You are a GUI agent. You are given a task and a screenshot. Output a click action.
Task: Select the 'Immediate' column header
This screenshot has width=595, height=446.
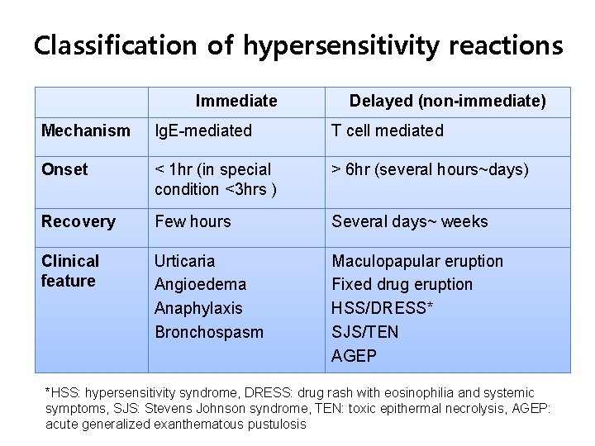pyautogui.click(x=236, y=102)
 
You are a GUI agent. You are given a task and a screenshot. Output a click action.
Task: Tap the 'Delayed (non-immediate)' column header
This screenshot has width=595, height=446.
pyautogui.click(x=447, y=102)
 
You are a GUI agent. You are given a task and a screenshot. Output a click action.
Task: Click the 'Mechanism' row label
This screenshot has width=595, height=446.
pyautogui.click(x=86, y=130)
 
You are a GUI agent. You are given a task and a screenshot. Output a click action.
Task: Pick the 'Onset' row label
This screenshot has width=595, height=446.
pyautogui.click(x=64, y=169)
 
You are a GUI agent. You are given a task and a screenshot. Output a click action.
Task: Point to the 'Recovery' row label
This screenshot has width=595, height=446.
pyautogui.click(x=79, y=221)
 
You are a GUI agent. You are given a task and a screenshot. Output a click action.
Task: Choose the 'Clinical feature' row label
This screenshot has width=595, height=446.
pyautogui.click(x=70, y=271)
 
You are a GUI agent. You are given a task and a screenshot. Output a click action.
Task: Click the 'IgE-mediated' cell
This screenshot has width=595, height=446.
pyautogui.click(x=203, y=130)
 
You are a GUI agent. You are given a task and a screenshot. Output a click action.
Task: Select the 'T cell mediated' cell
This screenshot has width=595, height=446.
pyautogui.click(x=388, y=130)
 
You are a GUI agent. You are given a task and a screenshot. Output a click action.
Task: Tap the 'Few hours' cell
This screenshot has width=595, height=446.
pyautogui.click(x=193, y=221)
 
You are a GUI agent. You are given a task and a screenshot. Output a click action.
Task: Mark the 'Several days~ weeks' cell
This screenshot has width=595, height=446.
pyautogui.click(x=410, y=221)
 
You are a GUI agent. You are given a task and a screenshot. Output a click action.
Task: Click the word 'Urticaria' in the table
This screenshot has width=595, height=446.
pyautogui.click(x=184, y=261)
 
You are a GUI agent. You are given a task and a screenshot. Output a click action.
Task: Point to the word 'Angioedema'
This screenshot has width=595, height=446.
pyautogui.click(x=200, y=284)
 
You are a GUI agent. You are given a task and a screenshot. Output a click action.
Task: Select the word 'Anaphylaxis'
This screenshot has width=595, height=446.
pyautogui.click(x=198, y=308)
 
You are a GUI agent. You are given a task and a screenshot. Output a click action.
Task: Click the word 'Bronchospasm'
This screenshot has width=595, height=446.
pyautogui.click(x=209, y=331)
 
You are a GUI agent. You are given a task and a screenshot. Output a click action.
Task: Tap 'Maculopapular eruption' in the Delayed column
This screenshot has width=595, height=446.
pyautogui.click(x=417, y=261)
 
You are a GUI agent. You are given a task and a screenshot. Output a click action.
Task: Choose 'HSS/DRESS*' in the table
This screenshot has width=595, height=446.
pyautogui.click(x=383, y=308)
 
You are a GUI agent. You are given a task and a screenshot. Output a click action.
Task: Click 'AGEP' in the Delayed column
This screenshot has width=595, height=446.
pyautogui.click(x=354, y=355)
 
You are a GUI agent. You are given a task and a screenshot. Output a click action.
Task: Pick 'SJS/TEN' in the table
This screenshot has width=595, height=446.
pyautogui.click(x=365, y=331)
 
